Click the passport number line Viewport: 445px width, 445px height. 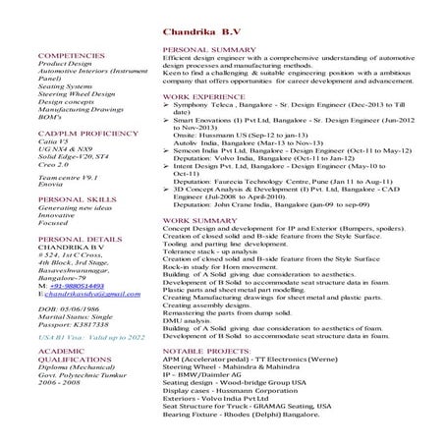(x=75, y=354)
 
